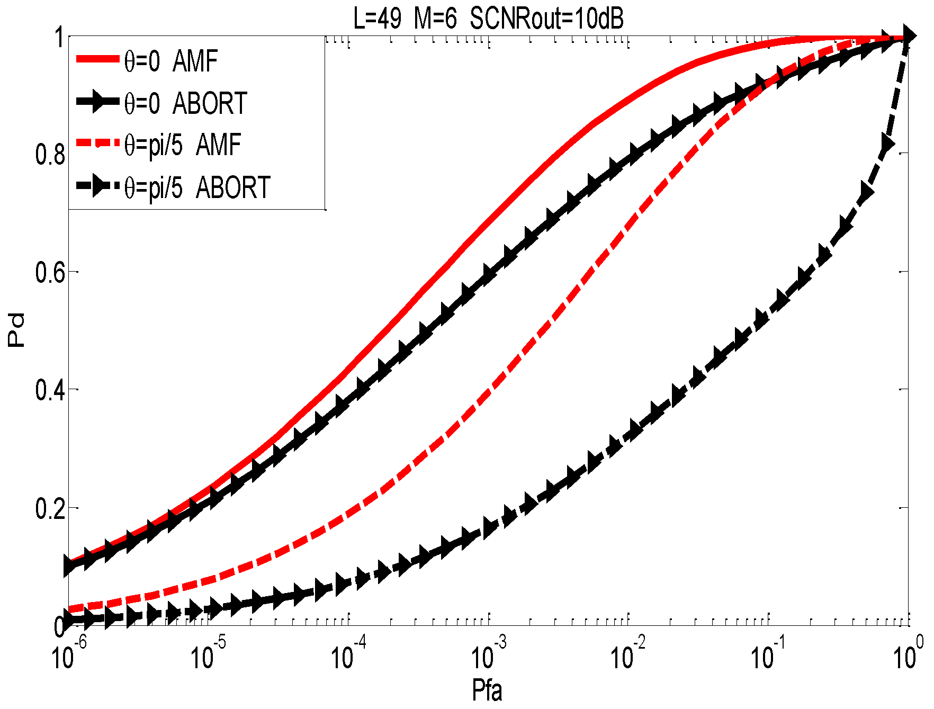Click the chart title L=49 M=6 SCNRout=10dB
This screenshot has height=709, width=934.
click(x=488, y=19)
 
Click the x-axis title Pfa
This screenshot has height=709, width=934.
click(x=487, y=690)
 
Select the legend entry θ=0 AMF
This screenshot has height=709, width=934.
click(x=170, y=61)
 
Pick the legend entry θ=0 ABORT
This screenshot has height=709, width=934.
click(x=185, y=103)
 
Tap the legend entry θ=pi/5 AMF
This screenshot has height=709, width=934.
click(x=182, y=145)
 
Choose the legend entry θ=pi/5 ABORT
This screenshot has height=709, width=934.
click(x=197, y=187)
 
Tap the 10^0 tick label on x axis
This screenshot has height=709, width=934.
click(x=909, y=655)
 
